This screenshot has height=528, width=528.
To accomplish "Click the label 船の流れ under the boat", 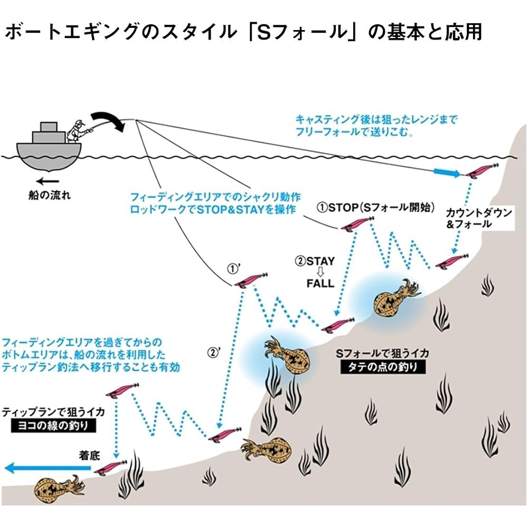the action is click(x=50, y=195).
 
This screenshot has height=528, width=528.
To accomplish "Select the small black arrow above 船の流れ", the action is click(x=48, y=181).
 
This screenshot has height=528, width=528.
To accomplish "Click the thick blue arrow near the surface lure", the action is click(x=447, y=173).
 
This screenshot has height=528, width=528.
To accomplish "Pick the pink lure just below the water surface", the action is click(x=482, y=170).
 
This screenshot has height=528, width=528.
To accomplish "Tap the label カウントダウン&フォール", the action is click(x=478, y=218).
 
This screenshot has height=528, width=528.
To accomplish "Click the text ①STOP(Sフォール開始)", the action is click(x=375, y=207).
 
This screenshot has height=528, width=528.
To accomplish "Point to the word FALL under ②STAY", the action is click(x=320, y=283).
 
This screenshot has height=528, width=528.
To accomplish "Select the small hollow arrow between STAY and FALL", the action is click(x=320, y=272).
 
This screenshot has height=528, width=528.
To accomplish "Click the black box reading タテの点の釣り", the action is click(x=383, y=367).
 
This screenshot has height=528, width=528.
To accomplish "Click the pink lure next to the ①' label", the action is click(x=251, y=280).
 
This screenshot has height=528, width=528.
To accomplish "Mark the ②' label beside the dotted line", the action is click(x=213, y=352).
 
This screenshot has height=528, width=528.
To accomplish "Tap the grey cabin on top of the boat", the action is click(x=49, y=133).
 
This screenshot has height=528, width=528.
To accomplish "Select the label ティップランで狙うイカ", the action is click(x=53, y=412).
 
